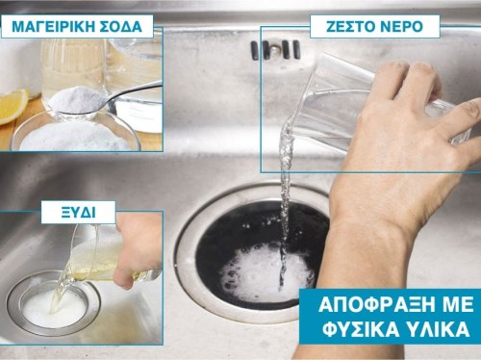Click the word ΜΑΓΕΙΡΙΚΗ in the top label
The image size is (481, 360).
(x=50, y=26)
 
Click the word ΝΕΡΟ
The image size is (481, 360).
(x=399, y=27)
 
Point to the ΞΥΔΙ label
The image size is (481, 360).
(x=78, y=212)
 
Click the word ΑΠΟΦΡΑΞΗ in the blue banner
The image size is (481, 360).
(x=379, y=305)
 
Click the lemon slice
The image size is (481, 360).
(x=13, y=106)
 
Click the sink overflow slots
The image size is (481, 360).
(x=275, y=50)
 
